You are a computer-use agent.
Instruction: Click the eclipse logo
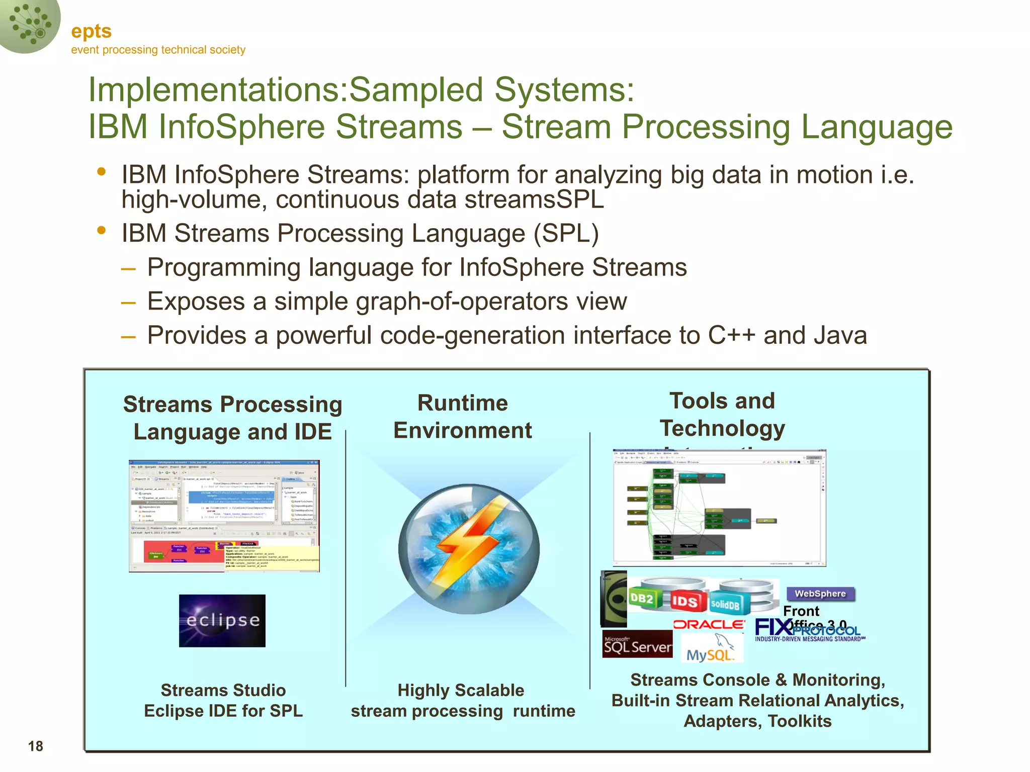point(222,621)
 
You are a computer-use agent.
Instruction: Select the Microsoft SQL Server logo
point(637,644)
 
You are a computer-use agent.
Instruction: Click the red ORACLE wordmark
point(709,624)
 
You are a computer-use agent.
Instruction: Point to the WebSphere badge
point(820,594)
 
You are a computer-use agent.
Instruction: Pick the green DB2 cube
point(643,598)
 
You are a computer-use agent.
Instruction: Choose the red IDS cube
point(684,601)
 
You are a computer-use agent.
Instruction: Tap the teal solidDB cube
point(725,604)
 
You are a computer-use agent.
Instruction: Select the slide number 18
point(36,746)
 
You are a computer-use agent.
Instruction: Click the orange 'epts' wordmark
point(91,31)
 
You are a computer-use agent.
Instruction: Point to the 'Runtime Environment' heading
point(462,417)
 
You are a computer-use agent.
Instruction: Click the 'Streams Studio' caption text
point(223,690)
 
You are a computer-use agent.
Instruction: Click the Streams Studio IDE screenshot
point(224,516)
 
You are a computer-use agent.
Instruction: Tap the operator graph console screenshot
point(719,508)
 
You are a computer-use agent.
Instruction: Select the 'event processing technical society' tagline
point(158,50)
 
